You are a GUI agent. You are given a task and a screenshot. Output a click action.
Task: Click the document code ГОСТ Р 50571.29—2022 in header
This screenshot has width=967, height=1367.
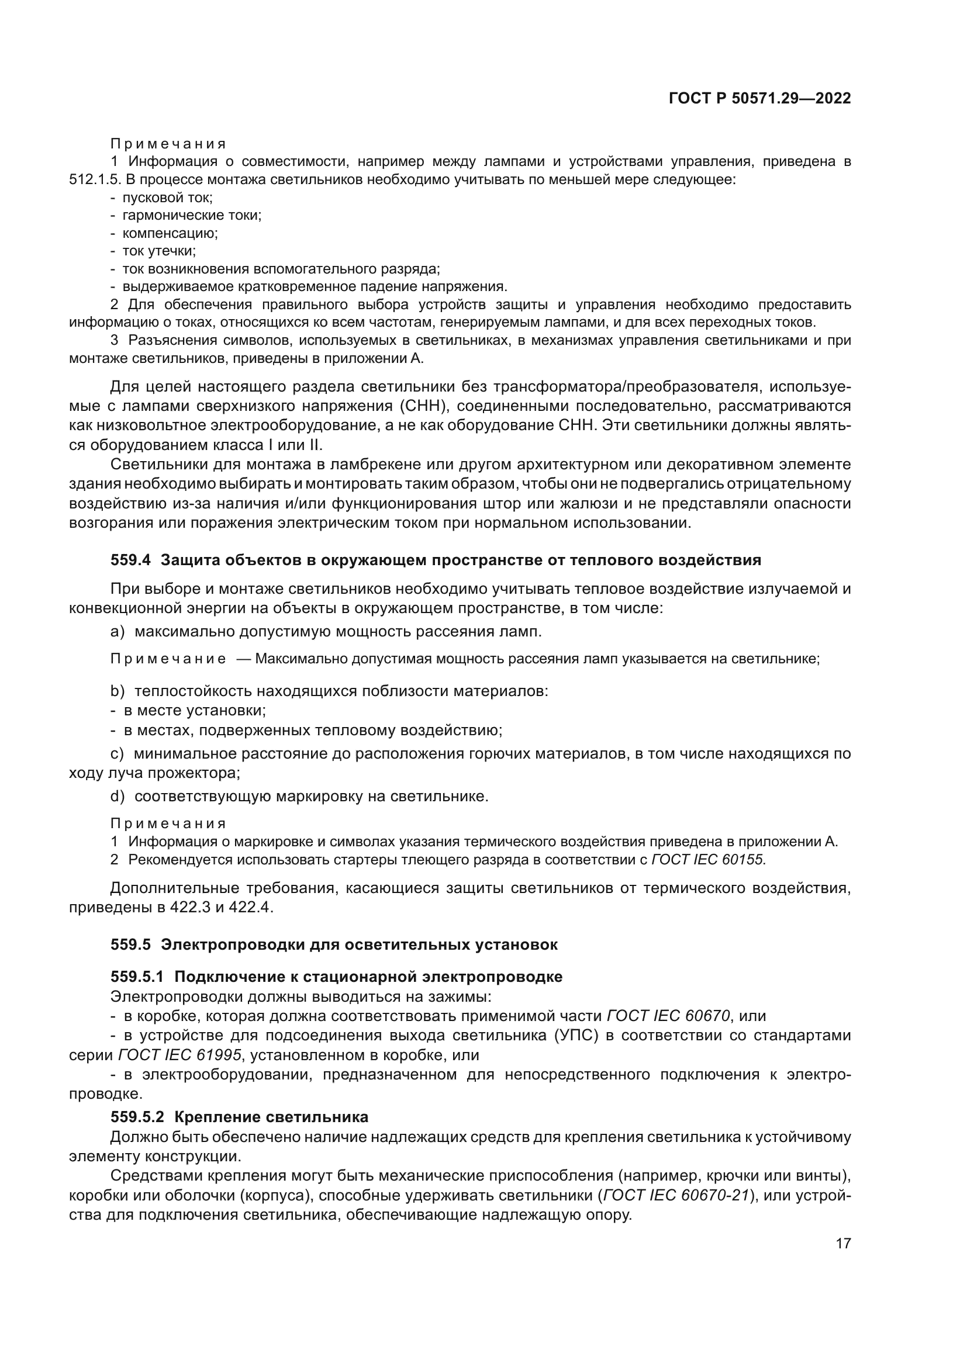(x=760, y=99)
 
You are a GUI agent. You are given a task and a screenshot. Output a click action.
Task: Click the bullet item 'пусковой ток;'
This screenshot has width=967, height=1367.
(x=167, y=198)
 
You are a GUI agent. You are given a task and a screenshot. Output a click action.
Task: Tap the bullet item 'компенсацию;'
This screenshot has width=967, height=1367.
(x=170, y=233)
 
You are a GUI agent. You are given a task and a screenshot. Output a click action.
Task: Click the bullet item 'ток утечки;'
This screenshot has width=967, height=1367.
(x=159, y=251)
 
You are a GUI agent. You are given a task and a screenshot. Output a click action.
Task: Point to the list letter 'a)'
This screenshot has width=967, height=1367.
(x=118, y=632)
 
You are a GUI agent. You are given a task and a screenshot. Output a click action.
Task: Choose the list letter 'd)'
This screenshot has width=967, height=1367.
(x=118, y=797)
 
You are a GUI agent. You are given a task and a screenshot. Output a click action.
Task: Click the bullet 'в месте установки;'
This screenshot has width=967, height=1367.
(x=195, y=710)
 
